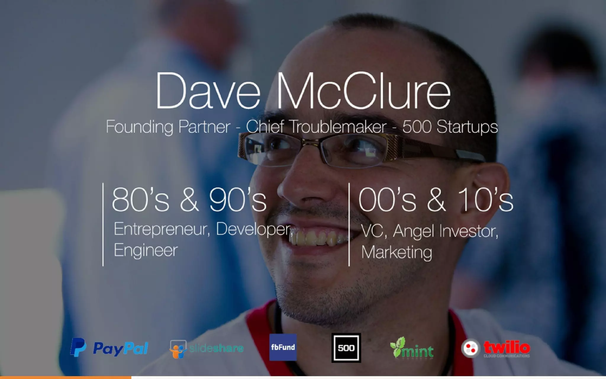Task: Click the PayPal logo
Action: (109, 348)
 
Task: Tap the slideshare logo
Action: (207, 349)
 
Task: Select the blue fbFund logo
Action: (283, 347)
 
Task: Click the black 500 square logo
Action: (346, 348)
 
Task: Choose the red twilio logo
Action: (496, 348)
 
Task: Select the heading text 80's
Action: (141, 200)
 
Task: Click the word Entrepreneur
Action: (162, 229)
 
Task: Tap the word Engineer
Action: (146, 250)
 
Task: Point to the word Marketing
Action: (397, 252)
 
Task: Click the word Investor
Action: (469, 231)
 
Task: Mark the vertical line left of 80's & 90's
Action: (103, 224)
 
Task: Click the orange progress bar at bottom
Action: (65, 378)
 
